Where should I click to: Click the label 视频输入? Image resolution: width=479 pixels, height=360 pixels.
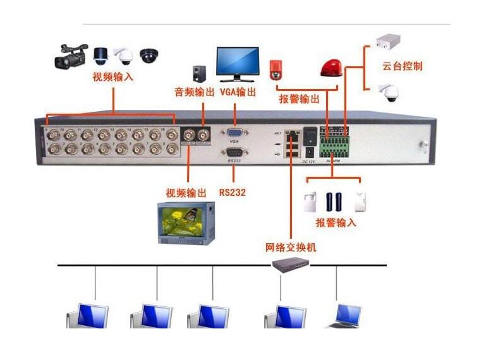113,78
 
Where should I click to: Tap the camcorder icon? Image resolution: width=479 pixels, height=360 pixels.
70,56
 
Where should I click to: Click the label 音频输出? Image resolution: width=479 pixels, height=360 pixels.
194,92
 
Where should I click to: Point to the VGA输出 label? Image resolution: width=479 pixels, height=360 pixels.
238,92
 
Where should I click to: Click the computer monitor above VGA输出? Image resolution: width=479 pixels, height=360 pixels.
237,63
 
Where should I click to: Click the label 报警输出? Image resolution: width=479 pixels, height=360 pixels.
299,99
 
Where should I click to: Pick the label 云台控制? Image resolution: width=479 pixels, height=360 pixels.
402,66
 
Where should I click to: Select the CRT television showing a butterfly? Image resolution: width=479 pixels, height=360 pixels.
186,222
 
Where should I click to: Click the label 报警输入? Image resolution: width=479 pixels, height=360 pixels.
336,223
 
